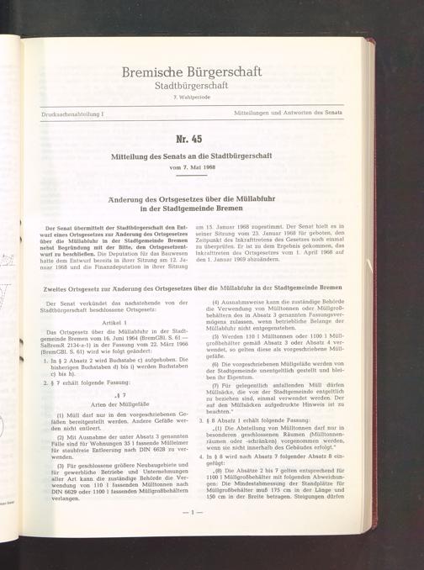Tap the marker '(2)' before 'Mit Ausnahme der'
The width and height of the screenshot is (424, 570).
60,438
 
